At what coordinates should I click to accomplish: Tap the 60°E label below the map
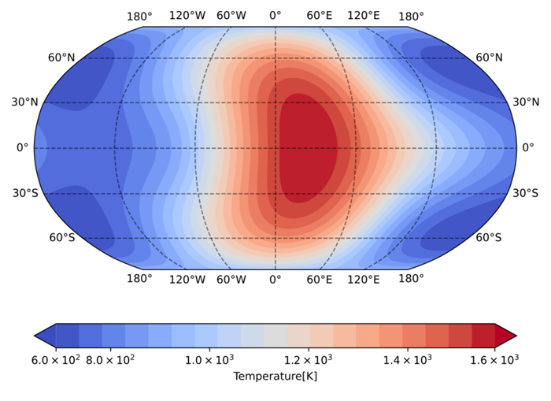pos(320,279)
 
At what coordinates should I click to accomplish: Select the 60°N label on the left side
pos(61,58)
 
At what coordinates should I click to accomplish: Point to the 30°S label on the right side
pos(526,193)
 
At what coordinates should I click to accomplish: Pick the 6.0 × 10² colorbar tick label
pos(55,360)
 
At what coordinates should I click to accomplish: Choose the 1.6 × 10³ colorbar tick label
pos(494,360)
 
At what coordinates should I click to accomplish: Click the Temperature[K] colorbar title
pos(275,377)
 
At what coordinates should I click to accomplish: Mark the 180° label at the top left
pos(139,16)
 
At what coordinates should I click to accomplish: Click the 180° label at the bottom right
pos(411,279)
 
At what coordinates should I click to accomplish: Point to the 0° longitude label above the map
pos(275,16)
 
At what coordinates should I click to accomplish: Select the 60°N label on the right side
pos(489,58)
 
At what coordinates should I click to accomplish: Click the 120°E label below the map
pos(364,279)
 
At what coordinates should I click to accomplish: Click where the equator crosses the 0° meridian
pos(275,148)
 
